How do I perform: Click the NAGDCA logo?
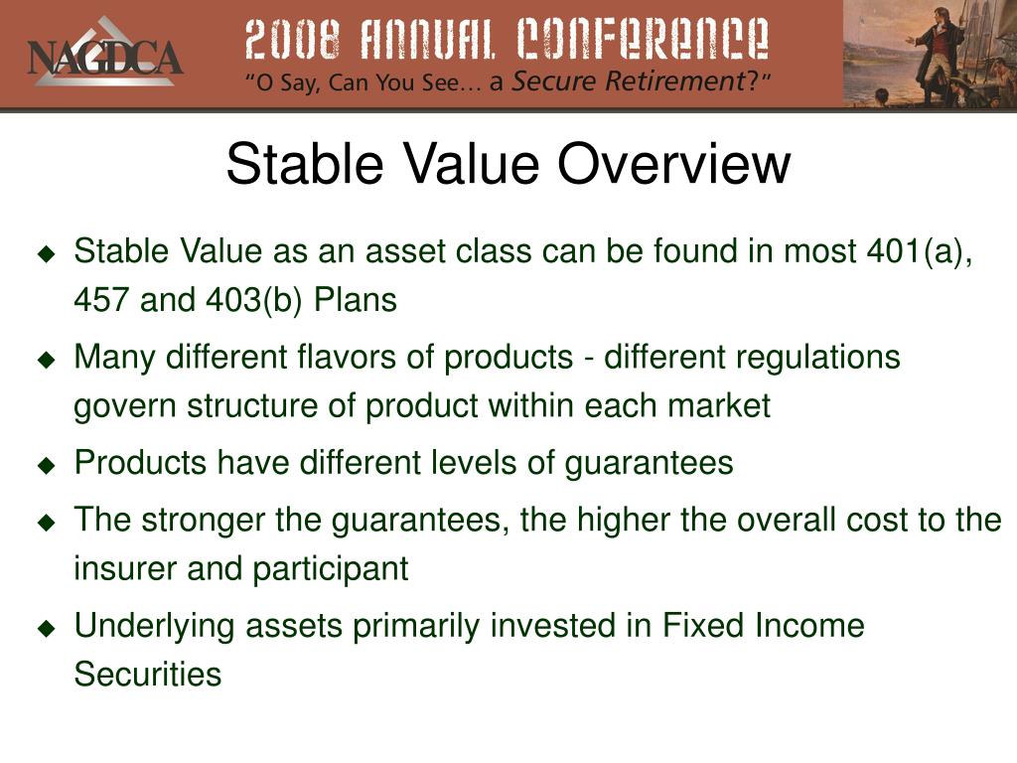tap(104, 55)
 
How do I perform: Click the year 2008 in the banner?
tap(294, 39)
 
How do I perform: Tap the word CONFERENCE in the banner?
tap(643, 39)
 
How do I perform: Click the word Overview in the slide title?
tap(674, 164)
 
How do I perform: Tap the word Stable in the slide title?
tap(305, 164)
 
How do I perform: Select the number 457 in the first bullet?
tap(101, 300)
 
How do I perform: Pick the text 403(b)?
tap(253, 301)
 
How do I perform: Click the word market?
tap(719, 406)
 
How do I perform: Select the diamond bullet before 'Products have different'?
tap(47, 465)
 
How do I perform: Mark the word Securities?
tap(148, 674)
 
